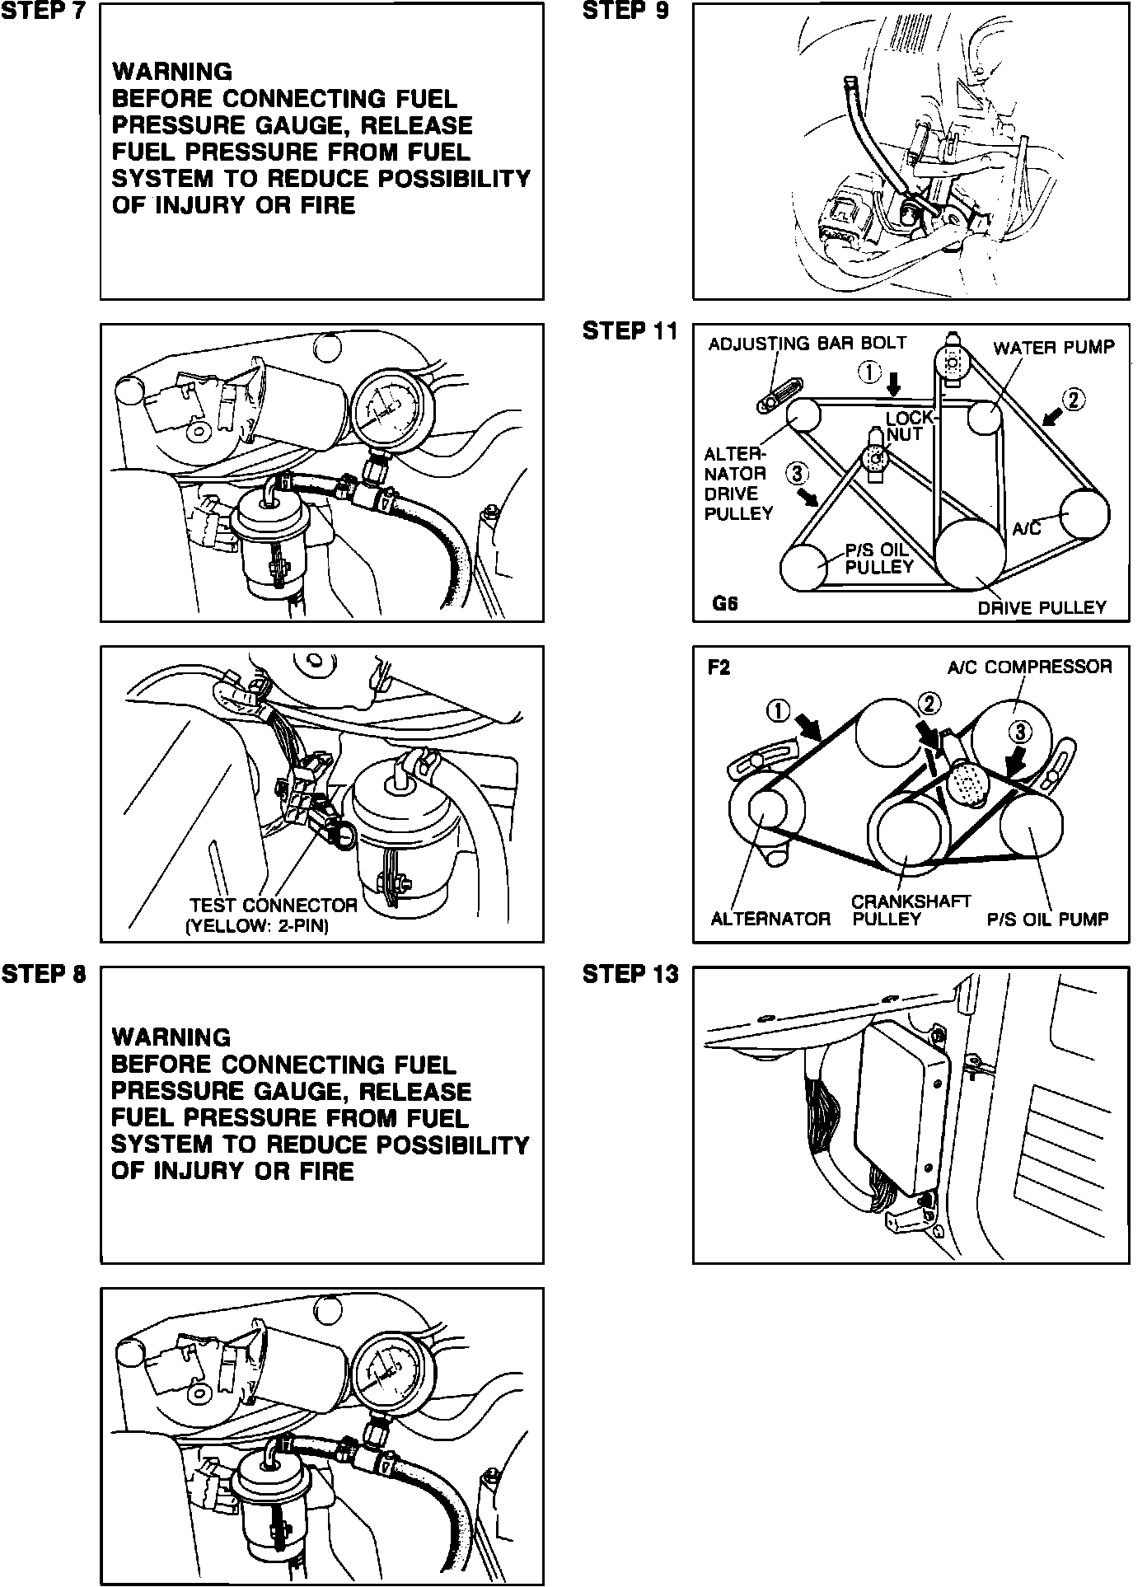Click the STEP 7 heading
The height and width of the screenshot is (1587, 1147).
tap(42, 11)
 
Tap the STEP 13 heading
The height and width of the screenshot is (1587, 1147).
tap(630, 974)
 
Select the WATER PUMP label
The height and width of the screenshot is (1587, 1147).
tap(1053, 348)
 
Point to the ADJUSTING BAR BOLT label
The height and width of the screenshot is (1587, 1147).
tap(807, 343)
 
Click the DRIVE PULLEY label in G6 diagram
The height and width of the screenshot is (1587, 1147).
tap(1042, 608)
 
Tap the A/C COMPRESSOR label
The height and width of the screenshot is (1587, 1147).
tap(1029, 667)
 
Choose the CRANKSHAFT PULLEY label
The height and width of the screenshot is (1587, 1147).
tap(911, 911)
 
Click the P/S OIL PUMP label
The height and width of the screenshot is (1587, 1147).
tap(1047, 919)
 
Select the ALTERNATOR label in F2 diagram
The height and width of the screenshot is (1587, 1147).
tap(770, 919)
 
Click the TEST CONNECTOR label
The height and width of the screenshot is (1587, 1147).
tap(274, 906)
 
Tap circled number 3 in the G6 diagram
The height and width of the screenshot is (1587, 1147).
tap(796, 473)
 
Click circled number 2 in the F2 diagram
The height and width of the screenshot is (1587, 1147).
tap(929, 703)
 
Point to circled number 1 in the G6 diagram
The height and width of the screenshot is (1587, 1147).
tap(869, 372)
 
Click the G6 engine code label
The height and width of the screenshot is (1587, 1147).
tap(725, 604)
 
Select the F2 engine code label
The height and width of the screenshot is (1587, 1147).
tap(719, 667)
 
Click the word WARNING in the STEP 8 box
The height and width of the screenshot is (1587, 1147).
tap(171, 1037)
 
